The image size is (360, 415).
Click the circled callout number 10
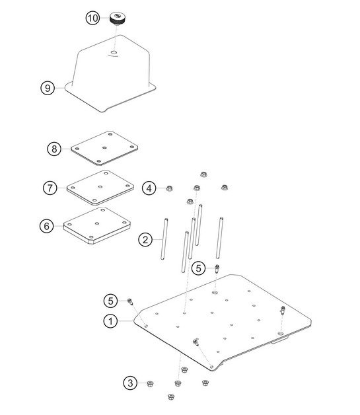92,19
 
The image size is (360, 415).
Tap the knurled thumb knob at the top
116,19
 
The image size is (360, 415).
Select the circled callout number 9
48,88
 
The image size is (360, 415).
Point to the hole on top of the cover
114,52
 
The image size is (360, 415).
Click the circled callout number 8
54,149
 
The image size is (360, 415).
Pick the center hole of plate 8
104,147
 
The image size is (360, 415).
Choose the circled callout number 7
50,188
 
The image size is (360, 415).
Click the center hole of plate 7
100,187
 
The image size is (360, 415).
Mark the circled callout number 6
46,226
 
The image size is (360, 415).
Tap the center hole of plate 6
97,223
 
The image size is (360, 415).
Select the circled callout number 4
149,188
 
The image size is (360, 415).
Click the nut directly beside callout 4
169,188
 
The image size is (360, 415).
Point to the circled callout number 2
145,240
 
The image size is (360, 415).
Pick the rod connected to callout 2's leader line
164,239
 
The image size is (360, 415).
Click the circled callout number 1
110,321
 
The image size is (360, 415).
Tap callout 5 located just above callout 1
110,301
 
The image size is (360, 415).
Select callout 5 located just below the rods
198,268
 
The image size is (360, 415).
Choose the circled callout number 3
130,383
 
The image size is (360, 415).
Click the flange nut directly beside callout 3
150,384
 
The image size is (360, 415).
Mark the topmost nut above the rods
203,174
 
